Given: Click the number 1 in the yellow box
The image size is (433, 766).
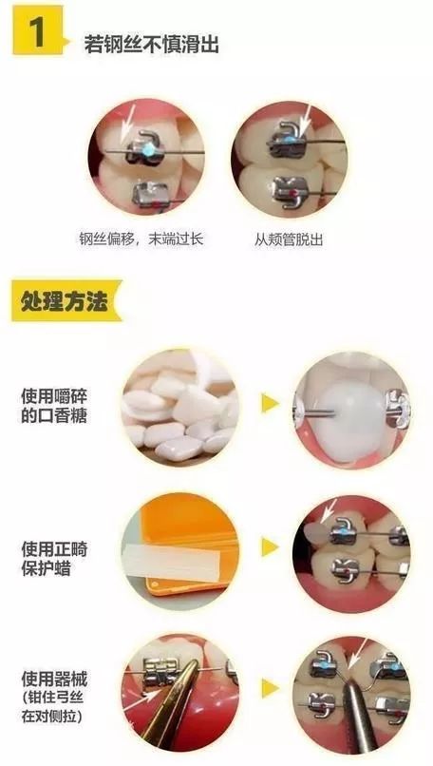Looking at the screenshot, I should coord(37,35).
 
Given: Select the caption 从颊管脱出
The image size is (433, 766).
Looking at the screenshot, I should coord(289,239).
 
